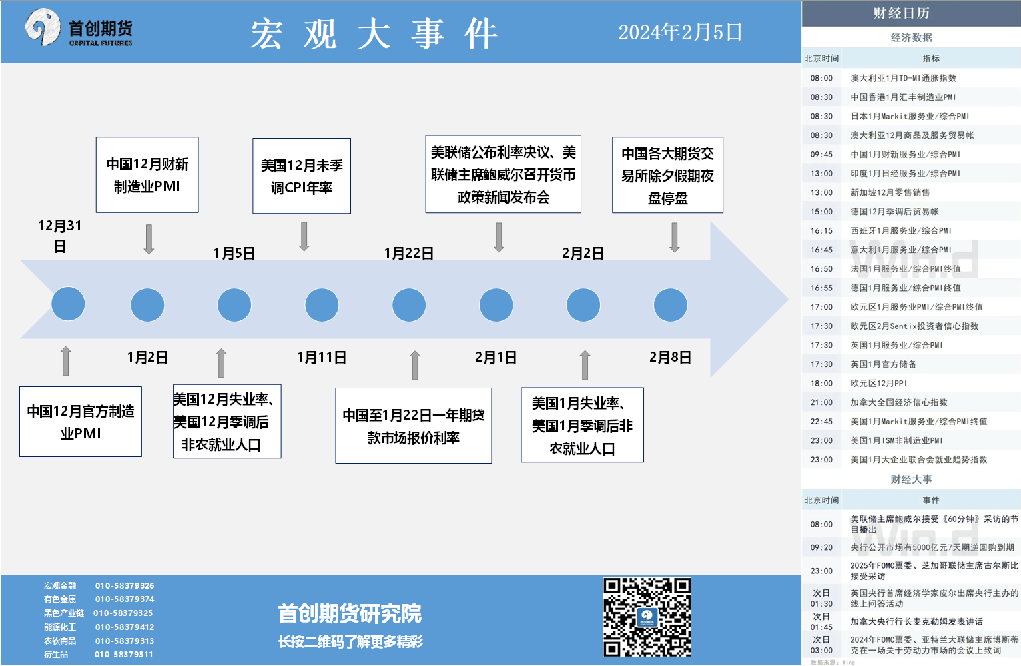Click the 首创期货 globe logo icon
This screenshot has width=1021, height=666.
43,27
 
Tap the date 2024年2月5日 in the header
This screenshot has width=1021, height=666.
680,33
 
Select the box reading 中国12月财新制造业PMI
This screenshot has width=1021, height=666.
147,174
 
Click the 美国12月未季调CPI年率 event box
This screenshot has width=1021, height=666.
302,176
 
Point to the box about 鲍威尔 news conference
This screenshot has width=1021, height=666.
504,174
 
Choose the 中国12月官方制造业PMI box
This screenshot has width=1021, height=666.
81,422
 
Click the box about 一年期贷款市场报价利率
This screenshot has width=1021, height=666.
414,426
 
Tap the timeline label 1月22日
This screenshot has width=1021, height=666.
409,254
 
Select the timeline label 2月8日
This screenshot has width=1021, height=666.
671,358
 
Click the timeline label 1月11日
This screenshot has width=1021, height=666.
322,358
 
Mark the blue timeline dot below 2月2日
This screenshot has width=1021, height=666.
583,305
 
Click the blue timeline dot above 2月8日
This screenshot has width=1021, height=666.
671,305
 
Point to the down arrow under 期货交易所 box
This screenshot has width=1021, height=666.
675,238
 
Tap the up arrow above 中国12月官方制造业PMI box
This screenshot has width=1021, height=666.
66,361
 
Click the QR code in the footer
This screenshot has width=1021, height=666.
647,617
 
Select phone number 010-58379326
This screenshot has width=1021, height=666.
125,586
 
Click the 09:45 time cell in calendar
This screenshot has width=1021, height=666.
821,155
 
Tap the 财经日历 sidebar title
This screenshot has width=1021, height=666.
902,13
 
